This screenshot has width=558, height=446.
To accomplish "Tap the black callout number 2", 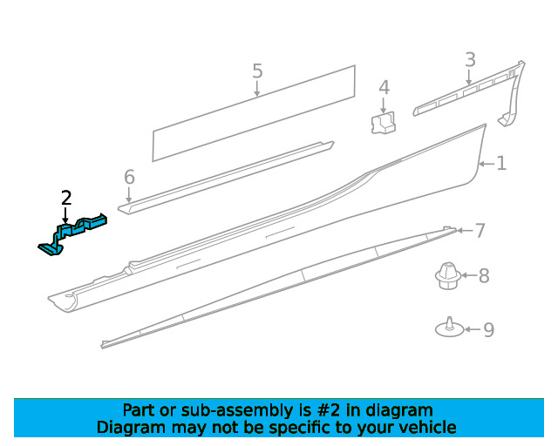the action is click(66, 198).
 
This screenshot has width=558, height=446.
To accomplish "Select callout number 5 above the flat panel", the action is click(257, 71).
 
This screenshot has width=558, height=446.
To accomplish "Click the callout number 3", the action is click(470, 59).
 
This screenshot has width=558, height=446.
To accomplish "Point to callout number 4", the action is click(384, 87).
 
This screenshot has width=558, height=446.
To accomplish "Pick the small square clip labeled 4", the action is click(383, 123).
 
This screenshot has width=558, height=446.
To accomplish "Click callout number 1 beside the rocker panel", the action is click(501, 163).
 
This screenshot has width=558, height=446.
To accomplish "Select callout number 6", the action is click(129, 177).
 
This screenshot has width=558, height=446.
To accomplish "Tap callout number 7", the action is click(480, 231).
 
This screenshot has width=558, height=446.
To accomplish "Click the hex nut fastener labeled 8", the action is click(447, 275).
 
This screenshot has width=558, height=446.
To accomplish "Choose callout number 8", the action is click(484, 275).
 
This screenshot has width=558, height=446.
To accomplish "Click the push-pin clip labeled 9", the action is click(450, 328).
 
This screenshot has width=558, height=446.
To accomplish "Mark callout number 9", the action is click(488, 329).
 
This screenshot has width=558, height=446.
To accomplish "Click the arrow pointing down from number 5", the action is click(257, 89).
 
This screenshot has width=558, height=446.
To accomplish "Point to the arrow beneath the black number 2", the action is click(65, 215).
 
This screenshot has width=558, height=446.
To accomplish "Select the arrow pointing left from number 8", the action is click(469, 275).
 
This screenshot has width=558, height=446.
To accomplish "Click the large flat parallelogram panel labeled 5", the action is click(254, 113).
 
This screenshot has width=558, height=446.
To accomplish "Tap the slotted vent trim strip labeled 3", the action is click(469, 93).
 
